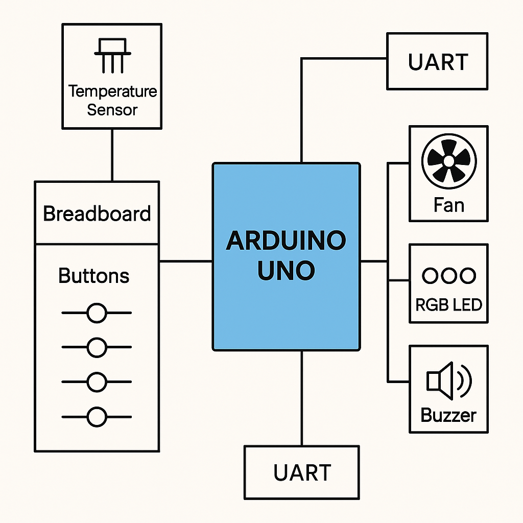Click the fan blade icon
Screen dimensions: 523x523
coord(448,161)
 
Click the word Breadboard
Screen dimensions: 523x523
coord(97,213)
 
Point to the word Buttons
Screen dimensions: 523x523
coord(94,276)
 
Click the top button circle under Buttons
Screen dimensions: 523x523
coord(96,313)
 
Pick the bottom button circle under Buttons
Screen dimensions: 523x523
coord(96,417)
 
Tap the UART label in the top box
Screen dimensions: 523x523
coord(438,62)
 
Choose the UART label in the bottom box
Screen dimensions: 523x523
coord(302,473)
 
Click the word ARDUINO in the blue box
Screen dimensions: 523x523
coord(286,241)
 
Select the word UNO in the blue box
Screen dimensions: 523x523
coord(286,271)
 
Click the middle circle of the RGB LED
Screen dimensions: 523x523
coord(448,276)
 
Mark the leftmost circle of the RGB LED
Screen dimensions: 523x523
coord(430,276)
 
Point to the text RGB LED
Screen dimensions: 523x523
coord(448,305)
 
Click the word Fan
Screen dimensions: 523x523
coord(448,205)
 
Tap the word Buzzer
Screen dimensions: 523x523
coord(448,415)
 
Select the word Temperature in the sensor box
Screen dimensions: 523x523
coord(112,92)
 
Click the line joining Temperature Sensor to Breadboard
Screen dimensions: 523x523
coord(112,155)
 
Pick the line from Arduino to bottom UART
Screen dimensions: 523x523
coord(302,398)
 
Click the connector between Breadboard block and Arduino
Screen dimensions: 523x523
coord(186,261)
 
